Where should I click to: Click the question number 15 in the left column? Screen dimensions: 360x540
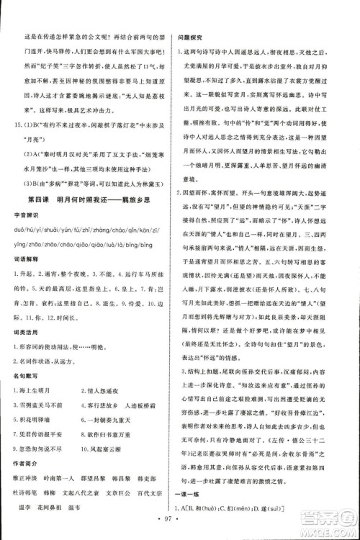click(x=27, y=125)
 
